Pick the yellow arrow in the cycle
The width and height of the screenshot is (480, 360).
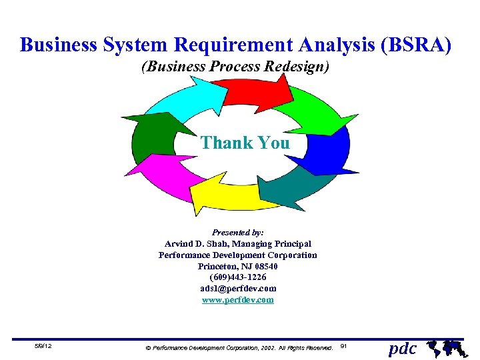(227, 193)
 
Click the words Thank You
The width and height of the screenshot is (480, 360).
(245, 143)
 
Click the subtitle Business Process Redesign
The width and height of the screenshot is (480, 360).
(235, 67)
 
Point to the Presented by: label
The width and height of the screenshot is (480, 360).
(238, 233)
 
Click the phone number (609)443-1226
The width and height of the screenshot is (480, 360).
(238, 277)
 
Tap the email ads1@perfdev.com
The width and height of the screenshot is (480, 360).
(238, 289)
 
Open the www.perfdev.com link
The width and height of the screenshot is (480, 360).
(238, 300)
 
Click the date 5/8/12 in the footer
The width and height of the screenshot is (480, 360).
(44, 347)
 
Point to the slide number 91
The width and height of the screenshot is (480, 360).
(343, 346)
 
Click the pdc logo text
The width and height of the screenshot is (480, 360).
(403, 348)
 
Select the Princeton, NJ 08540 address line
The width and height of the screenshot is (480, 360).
(238, 266)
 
